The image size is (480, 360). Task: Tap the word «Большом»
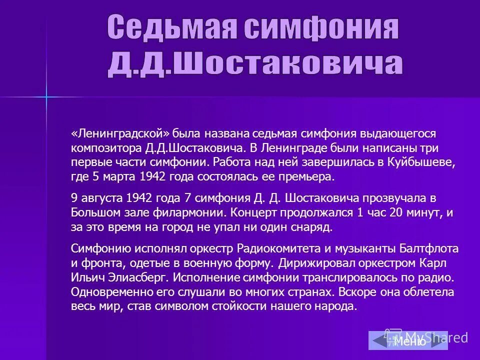pos(93,212)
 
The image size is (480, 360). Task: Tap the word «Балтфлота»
pos(429,248)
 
